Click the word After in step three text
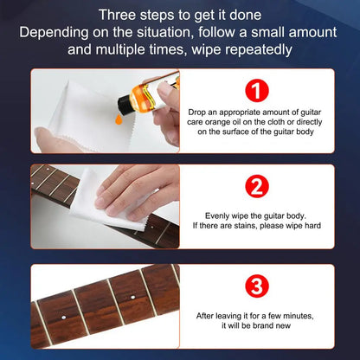click(x=209, y=318)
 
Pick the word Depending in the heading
click(x=53, y=33)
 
